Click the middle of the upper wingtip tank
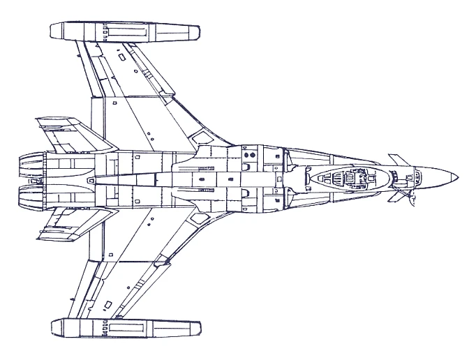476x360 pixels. coord(126,31)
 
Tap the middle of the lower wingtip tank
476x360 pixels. coord(126,327)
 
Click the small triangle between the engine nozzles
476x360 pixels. coord(89,179)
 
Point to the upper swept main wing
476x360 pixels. coord(140,98)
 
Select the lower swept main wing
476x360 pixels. coord(140,262)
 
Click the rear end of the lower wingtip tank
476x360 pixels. coord(52,327)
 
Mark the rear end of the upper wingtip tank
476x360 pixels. coord(52,31)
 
